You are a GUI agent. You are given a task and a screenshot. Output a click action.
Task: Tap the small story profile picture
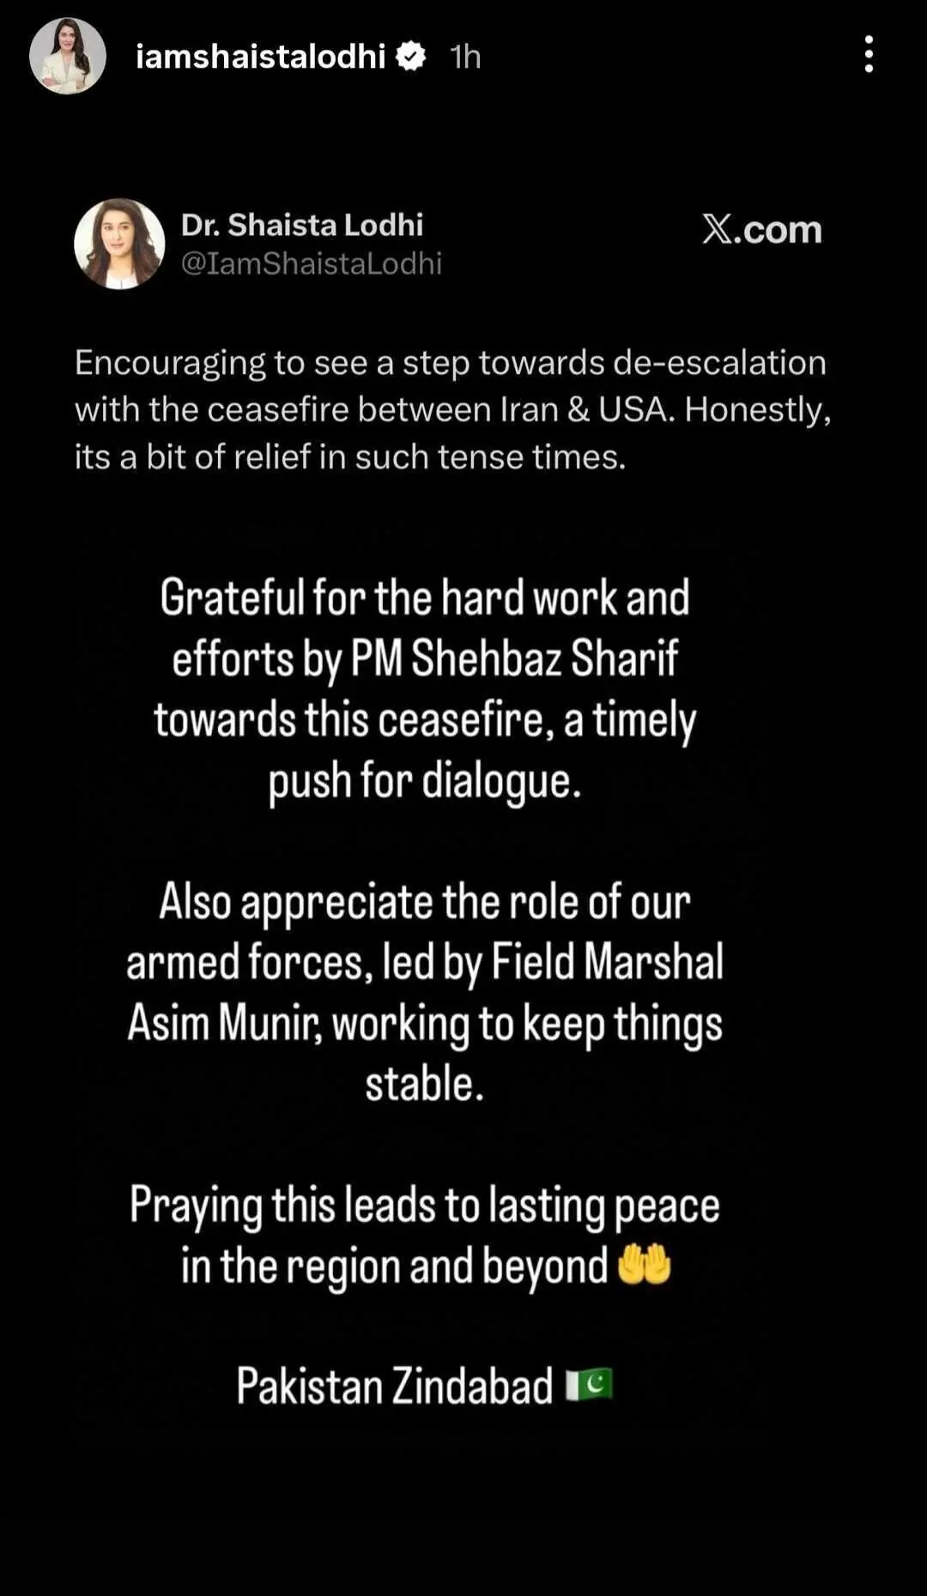click(68, 56)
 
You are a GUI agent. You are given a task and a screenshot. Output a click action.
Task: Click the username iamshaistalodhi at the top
click(260, 57)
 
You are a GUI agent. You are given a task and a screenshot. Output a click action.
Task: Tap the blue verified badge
click(411, 57)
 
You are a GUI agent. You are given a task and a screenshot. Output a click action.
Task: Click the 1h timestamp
click(465, 57)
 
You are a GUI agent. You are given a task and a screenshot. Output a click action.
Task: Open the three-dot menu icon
click(869, 54)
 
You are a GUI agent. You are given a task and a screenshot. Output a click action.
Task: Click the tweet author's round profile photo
click(119, 244)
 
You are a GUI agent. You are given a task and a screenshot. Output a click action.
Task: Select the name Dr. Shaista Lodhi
click(301, 225)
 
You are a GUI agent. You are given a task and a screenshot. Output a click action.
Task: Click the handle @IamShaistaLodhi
click(311, 263)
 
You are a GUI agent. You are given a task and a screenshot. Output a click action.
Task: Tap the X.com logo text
click(761, 229)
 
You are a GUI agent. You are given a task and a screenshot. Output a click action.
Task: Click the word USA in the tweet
click(636, 410)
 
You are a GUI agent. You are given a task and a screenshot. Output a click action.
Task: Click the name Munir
click(269, 1023)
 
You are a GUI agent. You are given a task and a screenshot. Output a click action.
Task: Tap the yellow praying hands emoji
click(644, 1265)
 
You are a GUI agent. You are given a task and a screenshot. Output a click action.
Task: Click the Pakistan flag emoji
click(589, 1385)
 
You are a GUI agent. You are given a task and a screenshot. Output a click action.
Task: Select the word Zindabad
click(473, 1386)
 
